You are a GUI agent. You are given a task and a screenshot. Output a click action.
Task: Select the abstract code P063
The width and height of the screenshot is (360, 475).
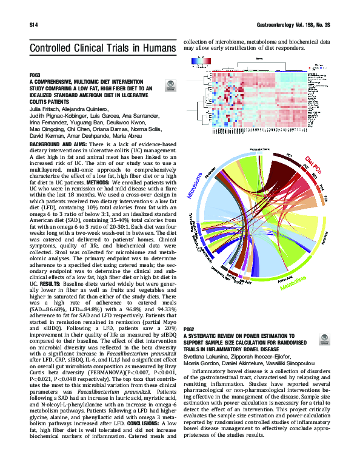point(34,75)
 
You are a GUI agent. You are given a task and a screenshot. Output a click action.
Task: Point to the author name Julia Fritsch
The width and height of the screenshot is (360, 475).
point(44,109)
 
